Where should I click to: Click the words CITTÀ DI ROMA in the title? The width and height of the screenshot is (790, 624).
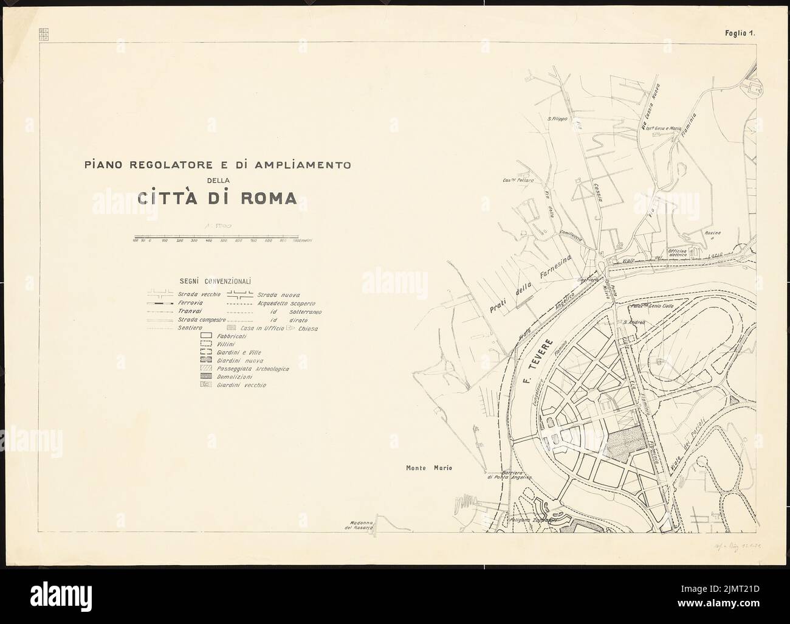pyautogui.click(x=217, y=198)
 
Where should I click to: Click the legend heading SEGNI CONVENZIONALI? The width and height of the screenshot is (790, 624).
pyautogui.click(x=216, y=281)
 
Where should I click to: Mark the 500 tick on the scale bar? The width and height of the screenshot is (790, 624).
pyautogui.click(x=224, y=241)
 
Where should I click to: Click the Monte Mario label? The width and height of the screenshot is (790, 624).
pyautogui.click(x=430, y=468)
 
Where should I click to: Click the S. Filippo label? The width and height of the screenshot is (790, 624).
pyautogui.click(x=557, y=119)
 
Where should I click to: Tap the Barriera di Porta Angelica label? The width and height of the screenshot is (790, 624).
pyautogui.click(x=508, y=475)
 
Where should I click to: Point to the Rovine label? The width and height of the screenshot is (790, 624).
pyautogui.click(x=713, y=232)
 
